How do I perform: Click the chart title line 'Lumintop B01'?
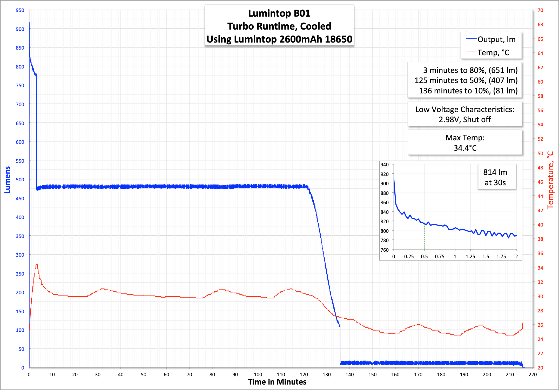point(279,13)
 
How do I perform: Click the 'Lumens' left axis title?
point(7,180)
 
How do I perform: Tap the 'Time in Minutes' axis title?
point(277,382)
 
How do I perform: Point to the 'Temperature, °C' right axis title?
point(550,180)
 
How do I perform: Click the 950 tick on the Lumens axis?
point(20,10)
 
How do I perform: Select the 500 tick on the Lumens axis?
point(20,180)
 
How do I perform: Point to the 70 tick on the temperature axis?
point(540,10)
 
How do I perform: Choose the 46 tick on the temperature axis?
point(540,182)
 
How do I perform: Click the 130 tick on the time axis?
point(327,374)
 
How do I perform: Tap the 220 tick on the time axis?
point(533,374)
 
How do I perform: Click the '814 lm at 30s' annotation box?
point(495,177)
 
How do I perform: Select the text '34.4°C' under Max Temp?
point(465,148)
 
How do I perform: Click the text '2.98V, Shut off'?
point(465,120)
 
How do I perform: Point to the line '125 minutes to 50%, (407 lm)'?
point(466,80)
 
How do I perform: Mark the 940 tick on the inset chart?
point(385,165)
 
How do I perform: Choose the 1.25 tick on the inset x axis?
point(470,257)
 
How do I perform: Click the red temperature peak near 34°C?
point(37,265)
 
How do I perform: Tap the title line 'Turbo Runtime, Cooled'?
point(279,26)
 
